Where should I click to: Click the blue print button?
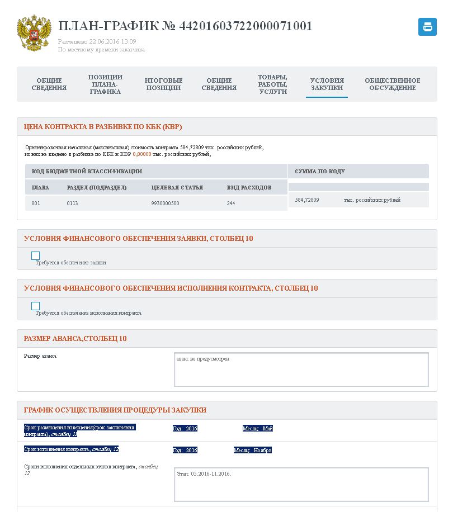[x=427, y=27]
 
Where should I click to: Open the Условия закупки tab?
[x=327, y=84]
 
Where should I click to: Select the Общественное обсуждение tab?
[x=392, y=84]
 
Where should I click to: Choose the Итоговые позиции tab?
[x=163, y=84]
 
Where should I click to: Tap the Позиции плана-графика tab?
[x=105, y=84]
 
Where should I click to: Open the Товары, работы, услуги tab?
[x=273, y=84]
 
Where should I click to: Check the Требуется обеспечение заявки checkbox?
[x=36, y=256]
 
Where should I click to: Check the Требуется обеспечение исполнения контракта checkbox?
[x=36, y=306]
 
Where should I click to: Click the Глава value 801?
[x=36, y=203]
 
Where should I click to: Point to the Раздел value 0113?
[x=72, y=203]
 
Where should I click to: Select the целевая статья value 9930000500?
[x=165, y=203]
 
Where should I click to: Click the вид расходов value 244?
[x=231, y=203]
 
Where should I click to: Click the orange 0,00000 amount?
[x=142, y=154]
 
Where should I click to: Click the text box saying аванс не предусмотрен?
[x=301, y=369]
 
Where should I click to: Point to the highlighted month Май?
[x=268, y=429]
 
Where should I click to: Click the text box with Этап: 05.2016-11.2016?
[x=301, y=484]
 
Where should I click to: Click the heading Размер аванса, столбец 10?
[x=75, y=339]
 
